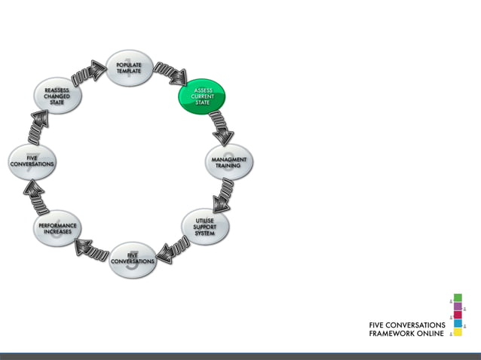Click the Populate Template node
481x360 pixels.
click(x=129, y=69)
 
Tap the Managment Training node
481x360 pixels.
click(x=227, y=161)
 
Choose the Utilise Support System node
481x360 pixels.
click(x=204, y=227)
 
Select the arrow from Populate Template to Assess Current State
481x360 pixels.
click(x=170, y=73)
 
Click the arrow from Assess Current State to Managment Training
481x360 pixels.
click(x=219, y=127)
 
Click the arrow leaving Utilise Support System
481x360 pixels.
click(x=172, y=249)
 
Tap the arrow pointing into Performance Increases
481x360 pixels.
click(x=93, y=249)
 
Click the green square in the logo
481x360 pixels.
click(x=457, y=297)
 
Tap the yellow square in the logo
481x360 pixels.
click(x=457, y=331)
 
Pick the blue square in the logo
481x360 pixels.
click(x=457, y=323)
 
